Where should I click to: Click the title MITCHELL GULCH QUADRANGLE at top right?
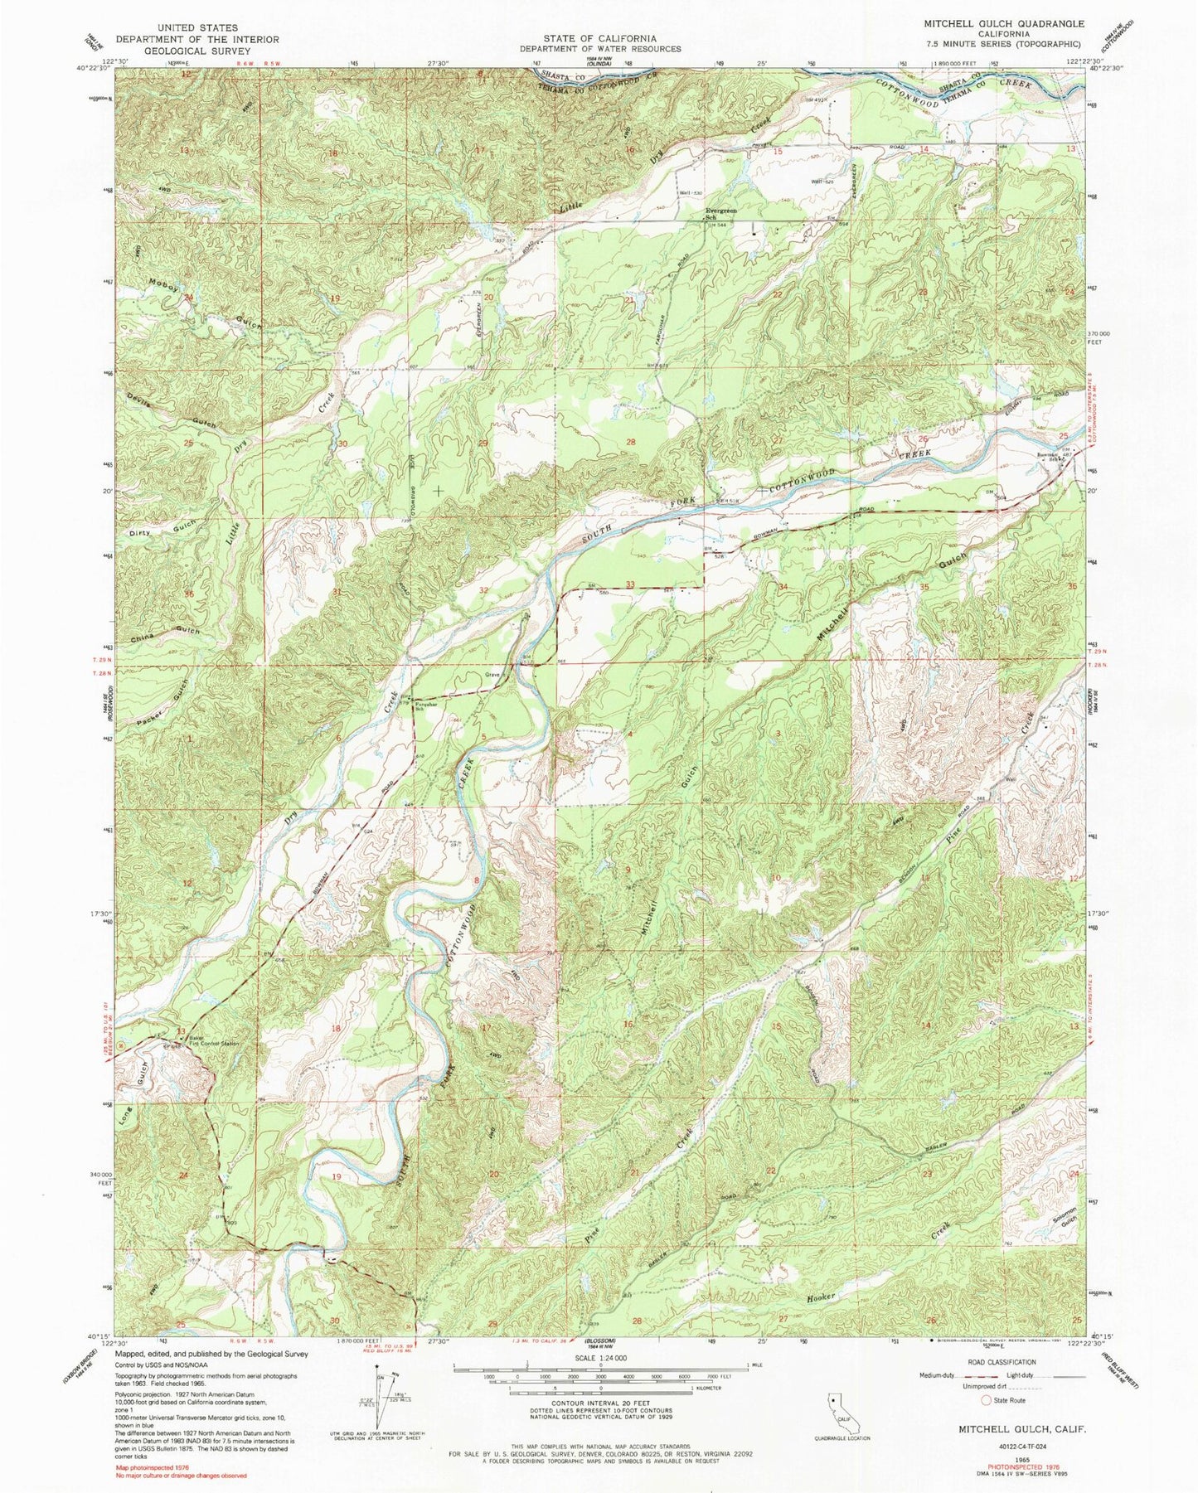(1004, 24)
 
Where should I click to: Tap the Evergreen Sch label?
(720, 213)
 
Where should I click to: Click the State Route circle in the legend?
(986, 1400)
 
